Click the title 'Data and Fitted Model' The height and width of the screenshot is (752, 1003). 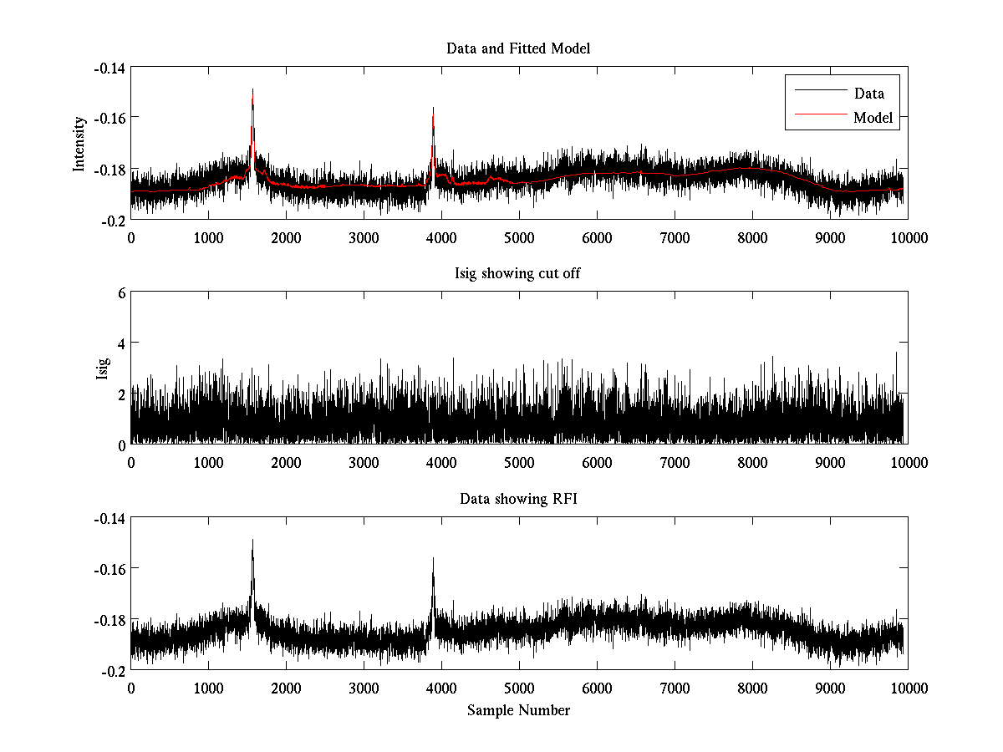(518, 48)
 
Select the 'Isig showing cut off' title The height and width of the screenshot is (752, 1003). (518, 274)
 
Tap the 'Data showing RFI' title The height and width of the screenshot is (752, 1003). (518, 499)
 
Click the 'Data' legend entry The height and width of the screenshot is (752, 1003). (868, 94)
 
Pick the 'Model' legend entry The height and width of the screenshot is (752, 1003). (873, 118)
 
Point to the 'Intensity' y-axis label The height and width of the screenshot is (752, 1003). (79, 143)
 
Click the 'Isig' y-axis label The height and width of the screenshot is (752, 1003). (102, 368)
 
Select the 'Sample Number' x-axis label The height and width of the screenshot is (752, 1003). (518, 710)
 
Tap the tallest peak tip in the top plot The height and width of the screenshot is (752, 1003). (252, 89)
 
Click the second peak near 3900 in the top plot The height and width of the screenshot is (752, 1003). (433, 108)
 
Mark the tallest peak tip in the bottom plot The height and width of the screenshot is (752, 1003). (252, 540)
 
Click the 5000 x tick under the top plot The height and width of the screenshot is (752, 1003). (519, 237)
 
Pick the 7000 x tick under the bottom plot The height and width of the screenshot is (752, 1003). (675, 688)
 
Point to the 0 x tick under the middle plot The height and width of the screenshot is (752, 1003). (131, 462)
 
